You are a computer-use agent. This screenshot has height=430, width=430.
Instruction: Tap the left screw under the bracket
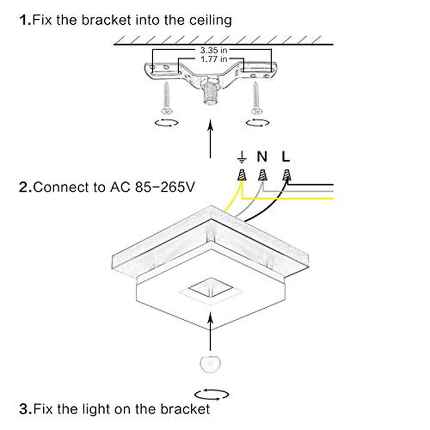tap(166, 96)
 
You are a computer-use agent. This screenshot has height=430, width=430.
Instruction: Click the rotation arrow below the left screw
tap(166, 123)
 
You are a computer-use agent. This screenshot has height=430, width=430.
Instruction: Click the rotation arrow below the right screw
tap(258, 123)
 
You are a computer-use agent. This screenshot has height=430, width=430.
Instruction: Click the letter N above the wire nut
tap(262, 157)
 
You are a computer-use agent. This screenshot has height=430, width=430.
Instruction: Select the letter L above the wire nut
tap(286, 157)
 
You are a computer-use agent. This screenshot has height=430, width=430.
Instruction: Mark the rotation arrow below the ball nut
tap(212, 394)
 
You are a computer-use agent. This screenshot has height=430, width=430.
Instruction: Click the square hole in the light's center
tap(209, 288)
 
